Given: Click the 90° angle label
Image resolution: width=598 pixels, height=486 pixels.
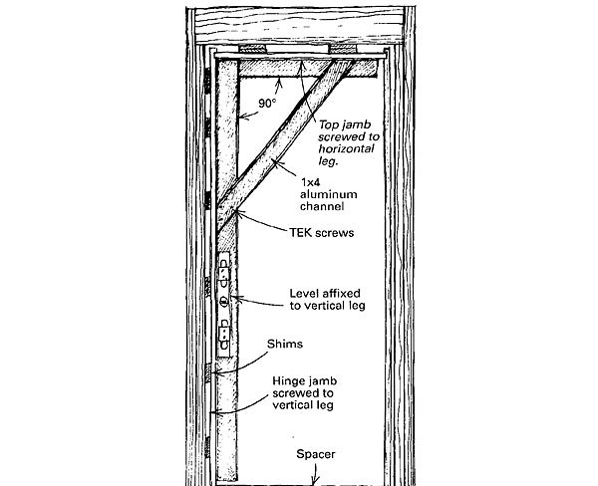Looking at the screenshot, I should pos(265,103).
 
